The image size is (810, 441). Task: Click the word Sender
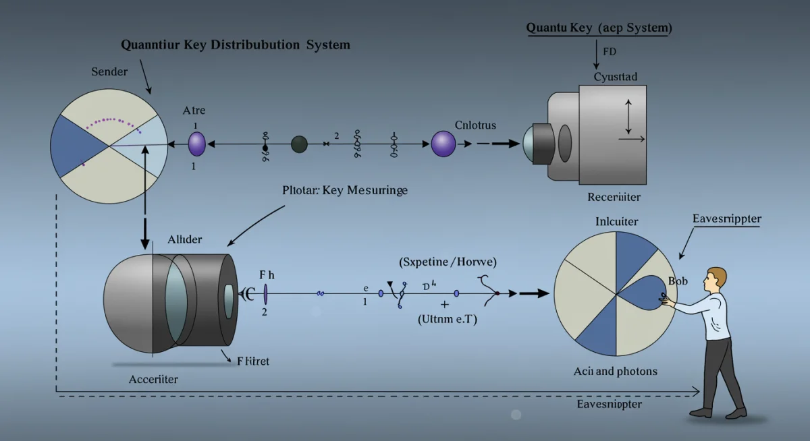coord(109,71)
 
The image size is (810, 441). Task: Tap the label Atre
coord(194,111)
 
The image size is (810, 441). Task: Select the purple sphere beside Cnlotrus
coord(443,144)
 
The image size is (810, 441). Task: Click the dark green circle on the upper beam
coord(299,144)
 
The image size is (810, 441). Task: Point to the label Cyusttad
coord(615,77)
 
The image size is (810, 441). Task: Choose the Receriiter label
coord(614,197)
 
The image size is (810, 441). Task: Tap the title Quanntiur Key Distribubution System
coord(236,45)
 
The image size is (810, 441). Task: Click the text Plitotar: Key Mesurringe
coord(344,190)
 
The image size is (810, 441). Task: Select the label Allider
coord(184,239)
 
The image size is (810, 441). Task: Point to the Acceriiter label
coord(153,380)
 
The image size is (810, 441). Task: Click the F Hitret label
coord(252,361)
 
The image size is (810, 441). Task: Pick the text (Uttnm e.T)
coord(447,320)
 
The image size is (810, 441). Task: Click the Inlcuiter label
coord(616,221)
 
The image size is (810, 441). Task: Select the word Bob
coord(677,281)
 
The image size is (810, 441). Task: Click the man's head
coord(715,278)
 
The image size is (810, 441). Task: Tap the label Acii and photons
coord(615,372)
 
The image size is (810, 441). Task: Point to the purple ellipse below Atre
coord(196,144)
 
